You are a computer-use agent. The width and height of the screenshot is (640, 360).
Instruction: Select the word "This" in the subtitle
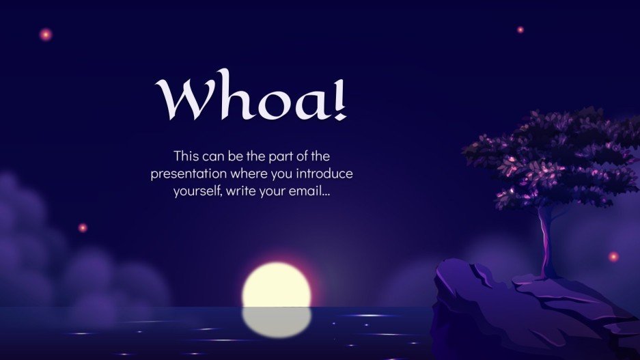pos(187,156)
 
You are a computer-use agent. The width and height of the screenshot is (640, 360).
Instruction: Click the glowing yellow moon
pos(277,284)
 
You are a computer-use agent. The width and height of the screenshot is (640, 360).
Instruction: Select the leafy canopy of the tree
pos(553,157)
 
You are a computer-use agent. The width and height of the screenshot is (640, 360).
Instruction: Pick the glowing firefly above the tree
pos(520,29)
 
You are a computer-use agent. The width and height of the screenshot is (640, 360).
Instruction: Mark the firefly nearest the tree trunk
pos(613,256)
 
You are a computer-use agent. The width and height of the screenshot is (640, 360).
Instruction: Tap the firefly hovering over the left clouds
pos(83,227)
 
